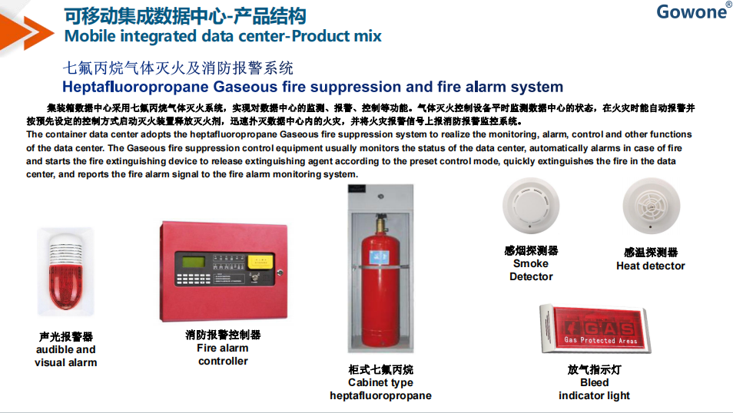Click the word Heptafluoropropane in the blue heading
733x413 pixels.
135,87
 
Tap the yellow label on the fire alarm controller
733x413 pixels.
260,262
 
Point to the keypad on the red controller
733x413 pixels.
193,279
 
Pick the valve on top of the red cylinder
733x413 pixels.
381,223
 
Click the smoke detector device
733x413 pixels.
531,206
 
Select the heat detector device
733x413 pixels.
652,206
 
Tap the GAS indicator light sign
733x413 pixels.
595,329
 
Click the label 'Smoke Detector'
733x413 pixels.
531,270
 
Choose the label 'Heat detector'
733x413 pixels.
651,266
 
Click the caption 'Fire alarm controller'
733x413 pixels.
223,355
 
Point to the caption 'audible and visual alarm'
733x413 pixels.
66,356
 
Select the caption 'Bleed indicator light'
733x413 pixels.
594,389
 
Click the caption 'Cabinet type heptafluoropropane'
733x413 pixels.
380,389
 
